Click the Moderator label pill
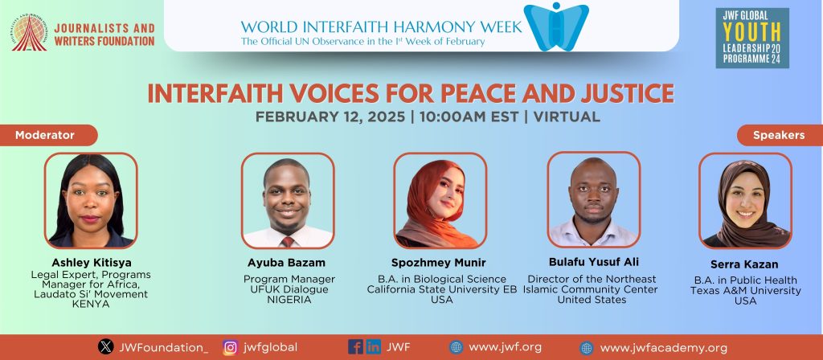point(48,135)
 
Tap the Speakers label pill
point(780,135)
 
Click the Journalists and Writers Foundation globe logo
point(30,32)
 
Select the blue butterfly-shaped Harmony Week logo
point(556,27)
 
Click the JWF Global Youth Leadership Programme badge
point(752,38)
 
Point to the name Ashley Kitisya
point(91,262)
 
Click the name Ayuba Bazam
point(287,263)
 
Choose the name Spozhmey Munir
point(438,263)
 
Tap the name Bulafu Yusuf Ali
point(594,262)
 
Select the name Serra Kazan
point(745,264)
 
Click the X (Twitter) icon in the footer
point(105,347)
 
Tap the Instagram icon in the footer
point(230,347)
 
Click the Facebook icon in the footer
point(355,346)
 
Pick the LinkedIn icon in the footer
point(373,346)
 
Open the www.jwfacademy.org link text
point(663,348)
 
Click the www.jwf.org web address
point(505,347)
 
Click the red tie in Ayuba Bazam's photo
point(288,241)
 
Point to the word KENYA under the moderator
point(91,304)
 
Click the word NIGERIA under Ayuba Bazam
point(289,300)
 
